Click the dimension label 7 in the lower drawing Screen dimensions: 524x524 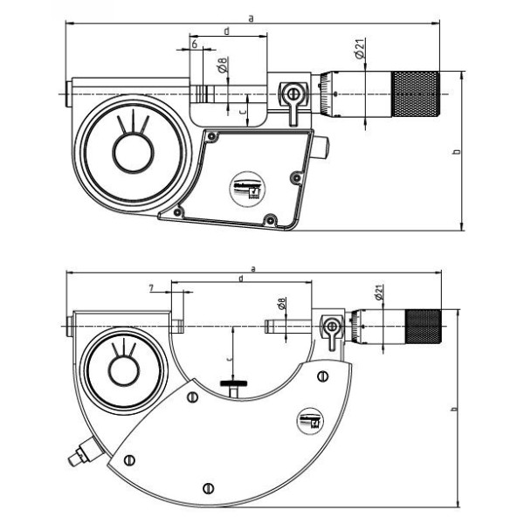pyautogui.click(x=151, y=287)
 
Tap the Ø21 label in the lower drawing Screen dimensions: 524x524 pyautogui.click(x=380, y=293)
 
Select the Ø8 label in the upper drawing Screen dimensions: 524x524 pyautogui.click(x=223, y=64)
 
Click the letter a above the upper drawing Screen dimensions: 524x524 pyautogui.click(x=252, y=17)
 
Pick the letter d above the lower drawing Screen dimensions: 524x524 pyautogui.click(x=240, y=278)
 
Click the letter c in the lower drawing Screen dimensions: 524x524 pyautogui.click(x=229, y=358)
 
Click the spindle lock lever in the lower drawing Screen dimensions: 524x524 pyautogui.click(x=333, y=329)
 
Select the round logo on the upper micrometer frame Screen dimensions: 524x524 pyautogui.click(x=247, y=188)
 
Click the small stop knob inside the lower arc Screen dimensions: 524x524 pyautogui.click(x=231, y=384)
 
